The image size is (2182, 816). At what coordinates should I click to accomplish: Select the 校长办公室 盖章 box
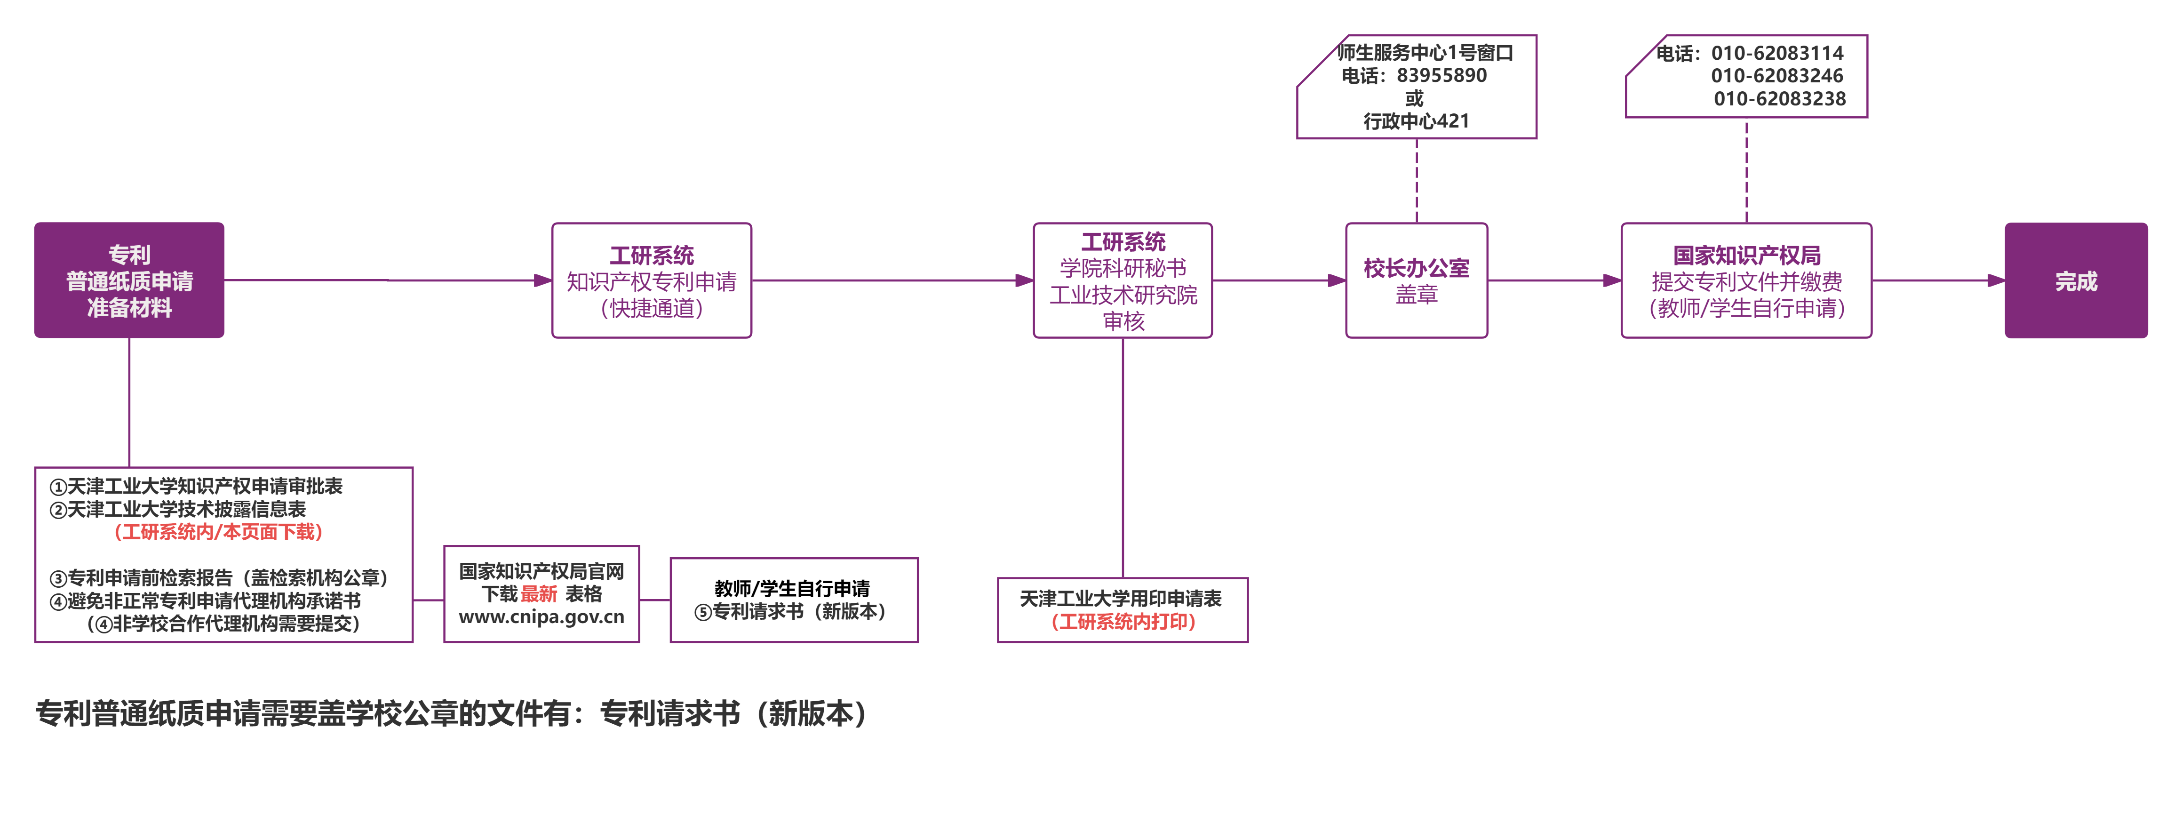(1416, 280)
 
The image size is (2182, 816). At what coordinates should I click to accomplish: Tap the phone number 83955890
(1441, 75)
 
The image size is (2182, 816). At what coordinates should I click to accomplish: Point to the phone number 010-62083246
(1777, 75)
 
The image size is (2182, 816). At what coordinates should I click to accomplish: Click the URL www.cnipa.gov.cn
(541, 617)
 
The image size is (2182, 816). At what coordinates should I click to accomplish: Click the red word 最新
(539, 594)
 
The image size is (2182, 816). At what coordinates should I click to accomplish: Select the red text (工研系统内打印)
(1123, 622)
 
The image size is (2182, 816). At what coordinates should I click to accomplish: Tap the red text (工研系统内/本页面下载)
(218, 532)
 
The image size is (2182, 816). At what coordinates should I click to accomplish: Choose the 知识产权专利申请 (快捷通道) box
(652, 280)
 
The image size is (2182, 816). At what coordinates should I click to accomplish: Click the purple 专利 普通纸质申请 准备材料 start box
(129, 280)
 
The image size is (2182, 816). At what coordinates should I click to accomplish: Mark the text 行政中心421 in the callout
(1416, 121)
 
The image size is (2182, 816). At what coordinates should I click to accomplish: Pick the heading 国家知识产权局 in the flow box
(1747, 255)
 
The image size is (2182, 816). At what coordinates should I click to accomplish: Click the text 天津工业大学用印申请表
(1121, 599)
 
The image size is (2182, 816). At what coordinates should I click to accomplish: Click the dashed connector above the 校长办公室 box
(1416, 181)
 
